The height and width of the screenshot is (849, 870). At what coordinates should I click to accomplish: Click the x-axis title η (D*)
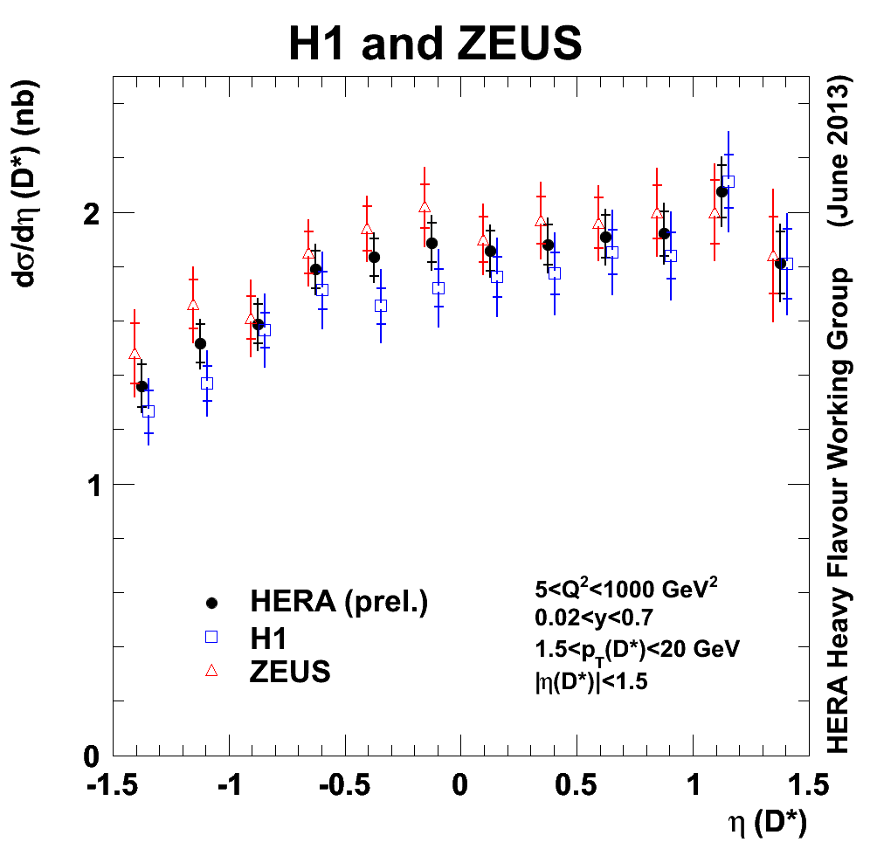(767, 822)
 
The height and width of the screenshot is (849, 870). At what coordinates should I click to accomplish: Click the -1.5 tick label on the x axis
(114, 783)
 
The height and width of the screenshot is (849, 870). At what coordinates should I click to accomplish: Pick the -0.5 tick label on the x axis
(344, 783)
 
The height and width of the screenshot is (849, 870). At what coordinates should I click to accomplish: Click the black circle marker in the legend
(210, 603)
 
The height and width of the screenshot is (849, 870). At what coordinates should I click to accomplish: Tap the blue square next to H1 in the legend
(210, 638)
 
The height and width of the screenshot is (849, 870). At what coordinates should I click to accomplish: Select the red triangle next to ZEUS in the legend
(210, 671)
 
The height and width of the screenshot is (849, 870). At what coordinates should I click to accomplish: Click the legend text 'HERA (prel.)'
(339, 602)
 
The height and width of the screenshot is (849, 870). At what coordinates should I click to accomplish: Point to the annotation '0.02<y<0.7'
(594, 618)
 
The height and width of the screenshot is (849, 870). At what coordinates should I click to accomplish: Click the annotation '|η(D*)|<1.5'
(591, 680)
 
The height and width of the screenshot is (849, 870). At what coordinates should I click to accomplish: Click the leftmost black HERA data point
(142, 386)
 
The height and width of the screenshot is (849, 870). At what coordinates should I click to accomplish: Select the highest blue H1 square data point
(728, 182)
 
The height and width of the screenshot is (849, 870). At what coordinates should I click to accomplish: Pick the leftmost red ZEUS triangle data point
(135, 354)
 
